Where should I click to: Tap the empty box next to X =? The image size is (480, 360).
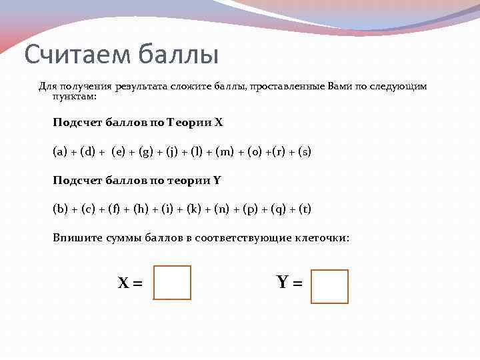[172, 283]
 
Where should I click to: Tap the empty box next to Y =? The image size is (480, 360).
[329, 286]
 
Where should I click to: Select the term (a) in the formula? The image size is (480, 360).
[60, 152]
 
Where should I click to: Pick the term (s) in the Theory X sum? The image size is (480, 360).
[304, 152]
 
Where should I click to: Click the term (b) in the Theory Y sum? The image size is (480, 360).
[60, 209]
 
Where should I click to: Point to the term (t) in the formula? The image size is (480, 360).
[304, 209]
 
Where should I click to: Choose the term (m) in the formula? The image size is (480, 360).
[224, 152]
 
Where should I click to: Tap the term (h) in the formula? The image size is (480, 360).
[141, 209]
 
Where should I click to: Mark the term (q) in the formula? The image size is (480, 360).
[278, 209]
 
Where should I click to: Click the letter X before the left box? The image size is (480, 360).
[123, 283]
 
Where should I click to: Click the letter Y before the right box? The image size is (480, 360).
[283, 283]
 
